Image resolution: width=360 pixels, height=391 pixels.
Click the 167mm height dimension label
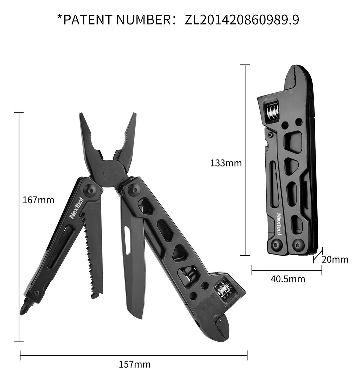(38, 200)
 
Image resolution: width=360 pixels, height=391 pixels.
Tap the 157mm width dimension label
(135, 364)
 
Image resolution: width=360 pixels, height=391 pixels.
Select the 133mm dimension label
(226, 163)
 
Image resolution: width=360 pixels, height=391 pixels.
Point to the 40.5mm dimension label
(288, 279)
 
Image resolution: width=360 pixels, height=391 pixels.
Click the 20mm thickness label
(335, 260)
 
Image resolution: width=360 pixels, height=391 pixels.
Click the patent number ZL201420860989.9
(241, 20)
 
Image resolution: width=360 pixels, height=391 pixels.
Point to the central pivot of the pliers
(110, 173)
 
